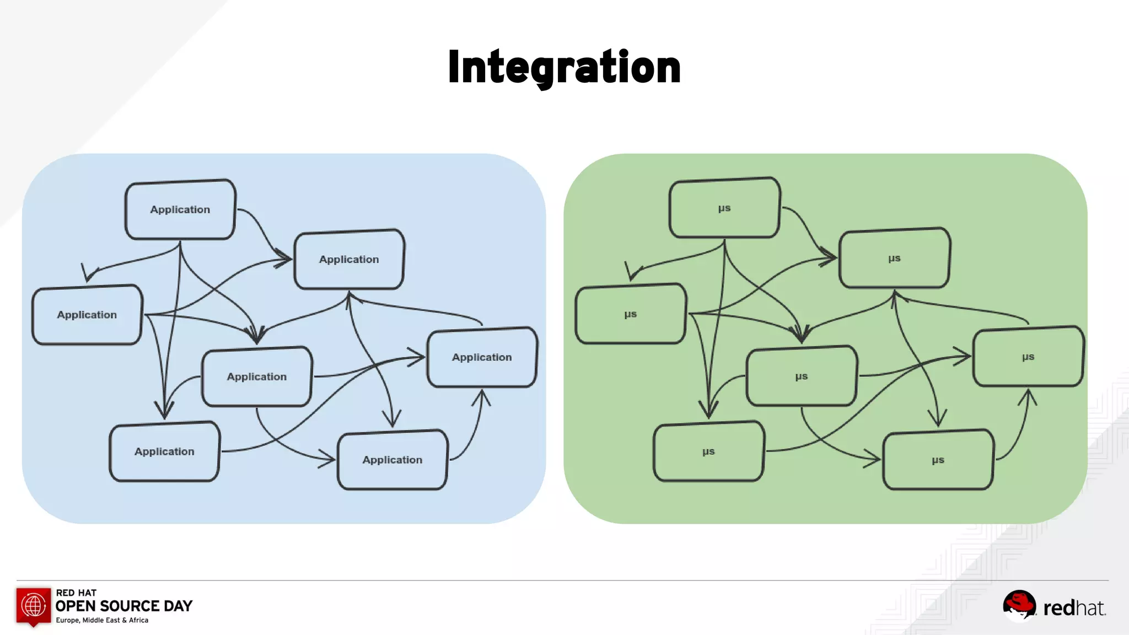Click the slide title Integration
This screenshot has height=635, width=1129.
point(564,67)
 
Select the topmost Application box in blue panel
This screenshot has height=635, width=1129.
point(180,209)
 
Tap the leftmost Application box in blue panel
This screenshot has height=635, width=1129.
point(87,315)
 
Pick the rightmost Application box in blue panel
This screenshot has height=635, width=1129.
point(482,357)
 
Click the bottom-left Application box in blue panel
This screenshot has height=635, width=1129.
point(164,451)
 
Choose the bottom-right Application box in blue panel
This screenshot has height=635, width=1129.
point(392,460)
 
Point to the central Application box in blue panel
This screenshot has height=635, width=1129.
point(257,376)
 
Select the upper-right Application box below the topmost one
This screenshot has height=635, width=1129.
point(349,259)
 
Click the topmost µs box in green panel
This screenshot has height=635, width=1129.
point(724,208)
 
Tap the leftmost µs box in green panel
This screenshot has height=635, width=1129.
point(631,314)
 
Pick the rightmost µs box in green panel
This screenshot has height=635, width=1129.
point(1028,357)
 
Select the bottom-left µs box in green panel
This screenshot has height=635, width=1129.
point(708,451)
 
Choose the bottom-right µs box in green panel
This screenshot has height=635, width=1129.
point(938,460)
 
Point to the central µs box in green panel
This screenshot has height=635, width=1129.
point(802,376)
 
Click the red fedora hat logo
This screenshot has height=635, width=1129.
point(1019,605)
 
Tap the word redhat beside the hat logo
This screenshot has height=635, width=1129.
point(1074,608)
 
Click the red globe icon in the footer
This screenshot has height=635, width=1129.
point(33,605)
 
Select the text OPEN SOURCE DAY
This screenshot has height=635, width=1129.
point(124,606)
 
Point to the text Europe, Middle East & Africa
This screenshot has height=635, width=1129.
point(102,620)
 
